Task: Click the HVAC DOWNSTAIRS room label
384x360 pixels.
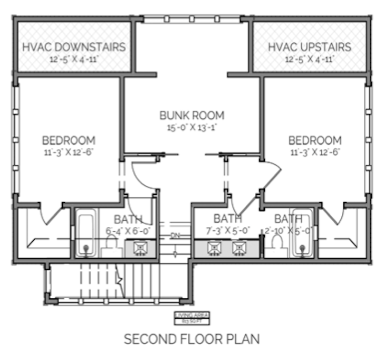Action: (x=74, y=46)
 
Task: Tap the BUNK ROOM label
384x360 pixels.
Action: (x=192, y=115)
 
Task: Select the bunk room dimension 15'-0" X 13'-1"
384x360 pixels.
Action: (x=192, y=127)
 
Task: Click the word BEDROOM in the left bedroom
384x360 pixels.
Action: (x=69, y=140)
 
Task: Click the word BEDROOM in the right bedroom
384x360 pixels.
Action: (x=315, y=140)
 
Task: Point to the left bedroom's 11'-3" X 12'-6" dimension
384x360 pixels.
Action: (x=69, y=153)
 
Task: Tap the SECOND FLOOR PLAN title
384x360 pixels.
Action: (x=192, y=339)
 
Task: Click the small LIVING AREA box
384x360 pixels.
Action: (x=192, y=317)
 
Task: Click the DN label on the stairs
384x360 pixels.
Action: (x=175, y=235)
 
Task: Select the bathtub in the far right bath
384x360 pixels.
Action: (x=302, y=233)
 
